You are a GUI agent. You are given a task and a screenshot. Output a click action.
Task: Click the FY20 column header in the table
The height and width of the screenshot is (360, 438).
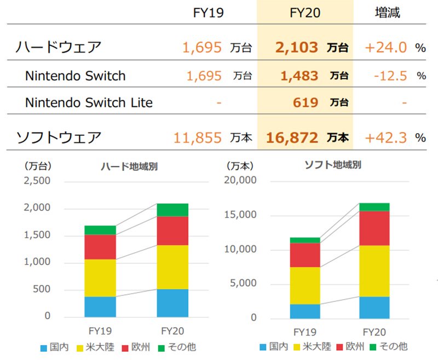pos(304,13)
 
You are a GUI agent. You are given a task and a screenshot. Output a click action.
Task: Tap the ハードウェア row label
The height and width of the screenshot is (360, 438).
pos(59,47)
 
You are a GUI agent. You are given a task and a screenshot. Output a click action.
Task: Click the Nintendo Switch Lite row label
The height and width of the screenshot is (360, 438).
pos(89,102)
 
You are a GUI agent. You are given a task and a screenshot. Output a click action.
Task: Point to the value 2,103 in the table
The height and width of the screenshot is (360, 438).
pos(297,47)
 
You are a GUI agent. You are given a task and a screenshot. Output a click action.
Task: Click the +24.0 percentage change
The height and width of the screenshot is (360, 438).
pos(385,47)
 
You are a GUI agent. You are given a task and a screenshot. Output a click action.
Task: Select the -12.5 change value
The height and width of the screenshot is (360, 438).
pos(390,76)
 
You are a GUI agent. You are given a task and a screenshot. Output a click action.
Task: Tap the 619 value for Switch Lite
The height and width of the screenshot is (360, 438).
pos(306,102)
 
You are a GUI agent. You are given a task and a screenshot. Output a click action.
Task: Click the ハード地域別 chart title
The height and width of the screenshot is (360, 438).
pos(129,166)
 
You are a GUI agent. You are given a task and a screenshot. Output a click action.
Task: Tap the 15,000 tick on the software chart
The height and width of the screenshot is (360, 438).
pos(241,215)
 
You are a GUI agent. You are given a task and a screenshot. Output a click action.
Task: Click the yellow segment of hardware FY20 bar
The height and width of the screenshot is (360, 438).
pos(172,267)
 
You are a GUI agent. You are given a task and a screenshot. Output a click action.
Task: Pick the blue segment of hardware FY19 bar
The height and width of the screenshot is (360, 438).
pos(100,306)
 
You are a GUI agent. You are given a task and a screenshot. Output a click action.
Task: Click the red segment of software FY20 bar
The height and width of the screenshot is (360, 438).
pos(374,228)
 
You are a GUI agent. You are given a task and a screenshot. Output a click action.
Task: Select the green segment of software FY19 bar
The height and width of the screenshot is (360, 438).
pos(305,240)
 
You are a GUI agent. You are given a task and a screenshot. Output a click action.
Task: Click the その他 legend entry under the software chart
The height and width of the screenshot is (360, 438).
pos(391,347)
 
